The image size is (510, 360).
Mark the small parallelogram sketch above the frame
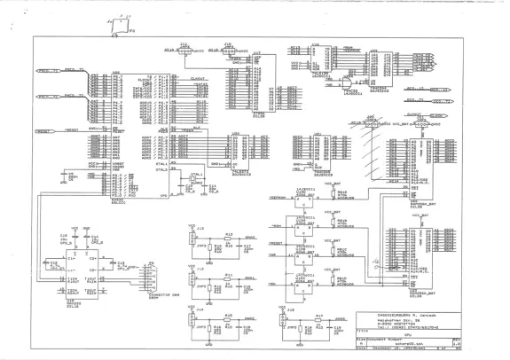(x=115, y=27)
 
